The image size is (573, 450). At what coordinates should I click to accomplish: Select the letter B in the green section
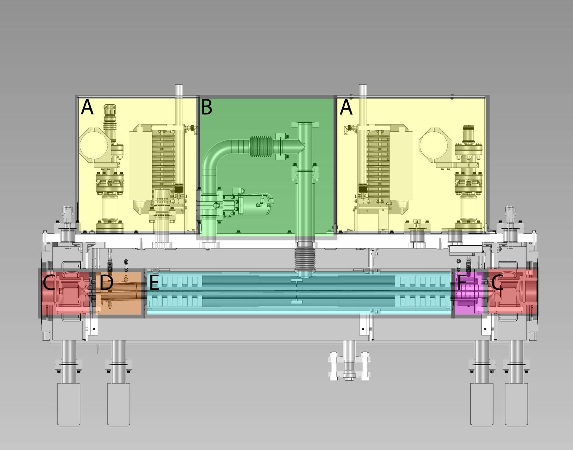click(x=207, y=107)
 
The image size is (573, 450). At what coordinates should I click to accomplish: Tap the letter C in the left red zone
click(x=49, y=283)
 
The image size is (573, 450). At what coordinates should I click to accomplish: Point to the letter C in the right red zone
click(x=497, y=283)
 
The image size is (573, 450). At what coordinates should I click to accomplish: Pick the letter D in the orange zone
click(x=106, y=283)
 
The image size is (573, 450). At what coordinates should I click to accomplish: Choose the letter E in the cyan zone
click(x=154, y=283)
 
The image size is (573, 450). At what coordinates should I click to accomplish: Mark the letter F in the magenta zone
click(x=462, y=283)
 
